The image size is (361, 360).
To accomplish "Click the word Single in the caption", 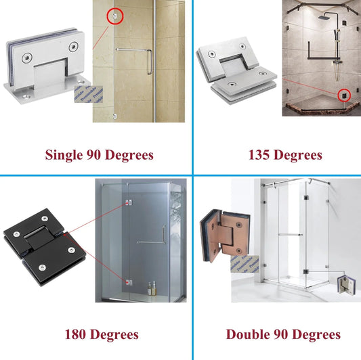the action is [64, 155].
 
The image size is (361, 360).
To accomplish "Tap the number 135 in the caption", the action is [259, 155].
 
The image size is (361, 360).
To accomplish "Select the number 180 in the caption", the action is [75, 334].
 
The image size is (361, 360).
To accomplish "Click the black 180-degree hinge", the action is [45, 247].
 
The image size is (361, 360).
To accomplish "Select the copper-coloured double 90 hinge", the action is [224, 235].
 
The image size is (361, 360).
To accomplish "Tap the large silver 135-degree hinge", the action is [236, 70].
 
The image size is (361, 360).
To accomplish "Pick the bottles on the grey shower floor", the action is [152, 288].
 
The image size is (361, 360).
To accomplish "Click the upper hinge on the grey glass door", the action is [129, 203].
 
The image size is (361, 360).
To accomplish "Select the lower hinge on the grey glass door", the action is [129, 282].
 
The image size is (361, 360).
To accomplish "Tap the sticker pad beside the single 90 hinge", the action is [89, 94].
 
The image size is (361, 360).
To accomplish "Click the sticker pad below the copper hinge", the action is [245, 264].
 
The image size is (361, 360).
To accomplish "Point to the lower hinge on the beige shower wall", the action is [115, 116].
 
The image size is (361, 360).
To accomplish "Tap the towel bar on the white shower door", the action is [290, 235].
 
